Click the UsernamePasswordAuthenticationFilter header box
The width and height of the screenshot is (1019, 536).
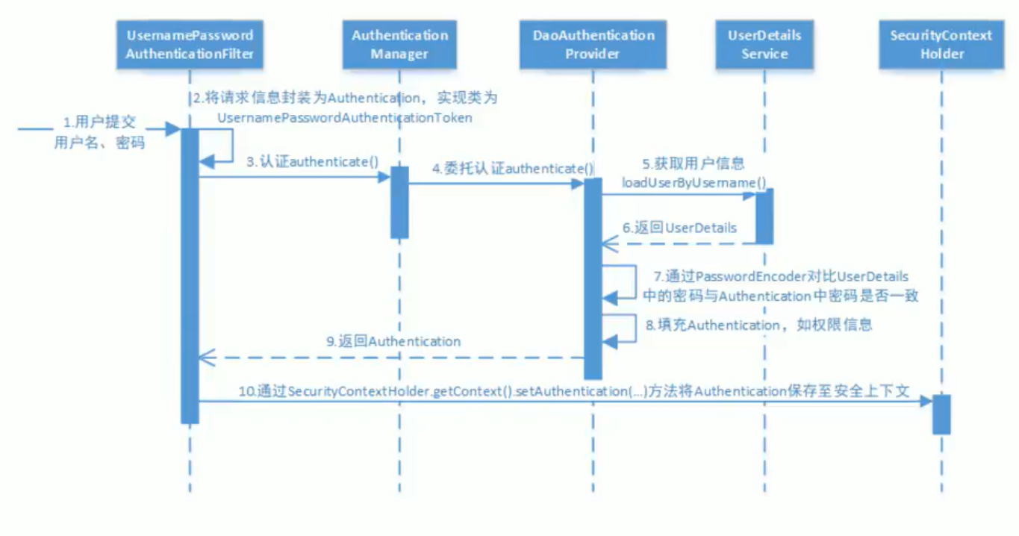tap(190, 44)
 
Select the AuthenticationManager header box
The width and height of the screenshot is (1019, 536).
tap(399, 44)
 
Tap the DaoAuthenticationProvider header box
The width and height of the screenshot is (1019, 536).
tap(593, 44)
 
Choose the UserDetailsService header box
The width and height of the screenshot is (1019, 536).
tap(764, 44)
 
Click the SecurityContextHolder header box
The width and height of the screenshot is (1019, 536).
tap(941, 44)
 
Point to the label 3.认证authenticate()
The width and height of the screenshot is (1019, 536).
tap(313, 161)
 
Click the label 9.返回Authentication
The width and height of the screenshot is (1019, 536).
tap(393, 341)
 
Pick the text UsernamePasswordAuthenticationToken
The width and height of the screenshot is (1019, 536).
tap(345, 118)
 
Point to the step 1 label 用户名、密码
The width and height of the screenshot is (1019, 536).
tap(99, 143)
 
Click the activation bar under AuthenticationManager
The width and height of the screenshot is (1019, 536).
tap(399, 202)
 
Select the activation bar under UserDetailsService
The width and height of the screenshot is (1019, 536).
tap(764, 216)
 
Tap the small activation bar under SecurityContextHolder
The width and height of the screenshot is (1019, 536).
tap(941, 414)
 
